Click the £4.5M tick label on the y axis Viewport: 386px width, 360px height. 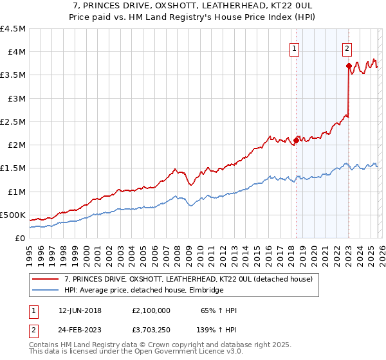tap(13, 29)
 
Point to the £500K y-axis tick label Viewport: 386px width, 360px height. tap(13, 215)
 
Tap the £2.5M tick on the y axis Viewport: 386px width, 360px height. tap(13, 122)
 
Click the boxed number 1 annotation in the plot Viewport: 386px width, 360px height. tap(295, 47)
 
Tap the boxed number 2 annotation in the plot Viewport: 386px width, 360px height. tap(347, 47)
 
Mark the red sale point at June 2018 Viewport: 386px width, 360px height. tap(296, 140)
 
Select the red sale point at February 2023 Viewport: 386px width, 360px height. tap(349, 66)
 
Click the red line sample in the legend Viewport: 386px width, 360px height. tap(46, 279)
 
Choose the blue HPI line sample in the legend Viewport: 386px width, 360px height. tap(46, 291)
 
